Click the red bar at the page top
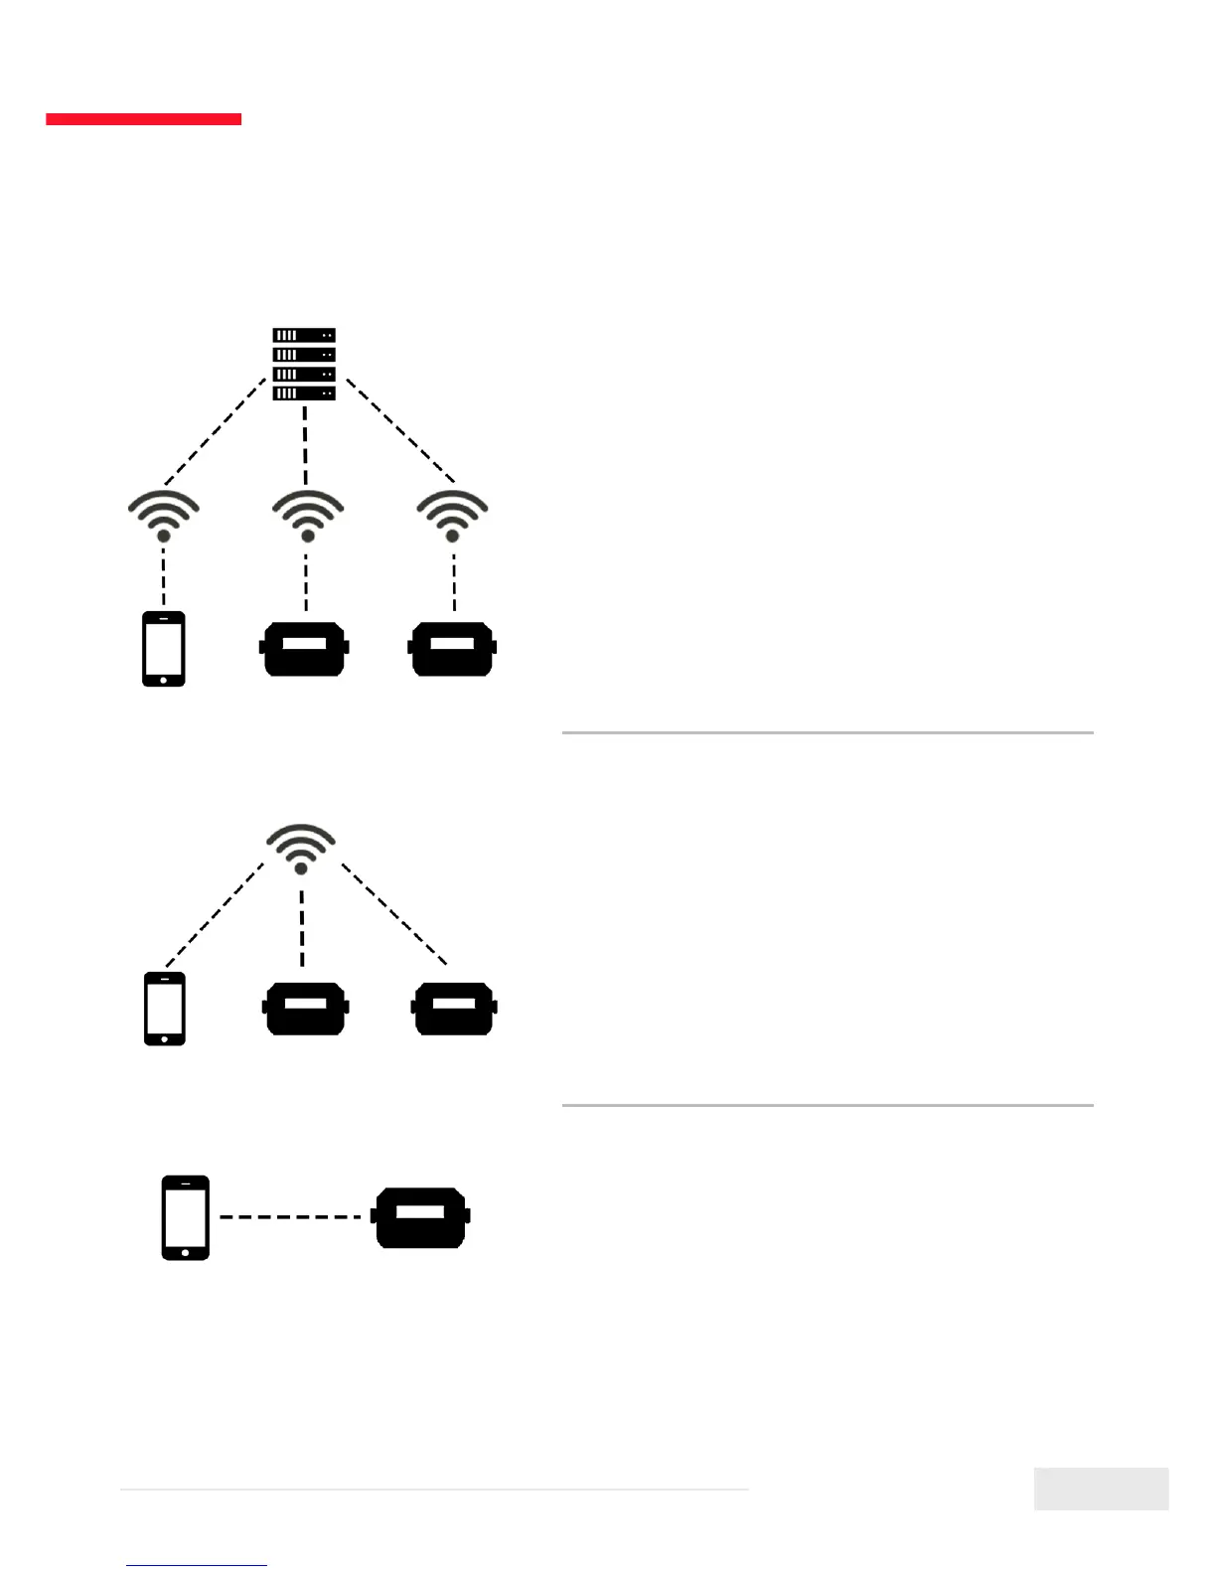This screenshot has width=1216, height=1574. [x=143, y=119]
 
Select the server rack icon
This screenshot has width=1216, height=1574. [x=304, y=364]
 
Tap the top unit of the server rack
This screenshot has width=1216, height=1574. [x=304, y=336]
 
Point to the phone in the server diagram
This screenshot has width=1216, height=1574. [x=164, y=649]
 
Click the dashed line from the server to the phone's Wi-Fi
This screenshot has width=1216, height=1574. [x=216, y=431]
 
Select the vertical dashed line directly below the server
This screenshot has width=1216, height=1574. [x=305, y=444]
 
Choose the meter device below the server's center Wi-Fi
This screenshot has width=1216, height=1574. [x=304, y=649]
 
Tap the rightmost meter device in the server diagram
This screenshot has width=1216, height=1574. [x=452, y=649]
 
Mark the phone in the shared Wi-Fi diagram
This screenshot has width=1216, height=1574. [x=165, y=1009]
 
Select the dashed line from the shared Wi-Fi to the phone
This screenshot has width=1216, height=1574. [x=215, y=915]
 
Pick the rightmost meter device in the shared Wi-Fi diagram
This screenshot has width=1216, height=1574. [x=454, y=1009]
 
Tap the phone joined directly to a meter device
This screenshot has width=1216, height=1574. [x=186, y=1217]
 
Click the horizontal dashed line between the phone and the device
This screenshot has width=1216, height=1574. [x=290, y=1216]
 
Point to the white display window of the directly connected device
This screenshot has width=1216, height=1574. [x=420, y=1212]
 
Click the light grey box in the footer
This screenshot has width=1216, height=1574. [x=1101, y=1489]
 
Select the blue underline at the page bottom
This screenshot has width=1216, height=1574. [x=197, y=1565]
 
